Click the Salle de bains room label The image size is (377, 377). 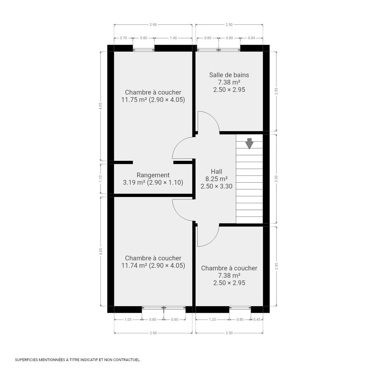tap(229, 75)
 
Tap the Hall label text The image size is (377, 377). tap(217, 171)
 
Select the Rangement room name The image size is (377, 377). tap(153, 175)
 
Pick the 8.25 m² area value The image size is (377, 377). tap(217, 179)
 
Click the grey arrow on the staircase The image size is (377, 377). tap(249, 143)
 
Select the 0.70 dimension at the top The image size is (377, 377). tap(123, 38)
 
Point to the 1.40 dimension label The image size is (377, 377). tap(173, 38)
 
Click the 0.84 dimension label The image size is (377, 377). tap(251, 38)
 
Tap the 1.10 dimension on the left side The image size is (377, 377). tap(101, 178)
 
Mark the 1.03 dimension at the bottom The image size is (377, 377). tap(128, 320)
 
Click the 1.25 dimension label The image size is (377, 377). tap(212, 320)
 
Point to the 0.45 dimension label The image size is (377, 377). tap(257, 320)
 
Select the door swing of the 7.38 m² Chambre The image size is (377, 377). tap(208, 235)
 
